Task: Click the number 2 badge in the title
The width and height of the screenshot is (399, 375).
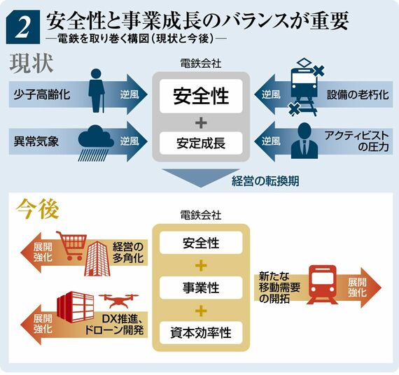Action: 23,27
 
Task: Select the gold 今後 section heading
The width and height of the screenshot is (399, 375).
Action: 37,209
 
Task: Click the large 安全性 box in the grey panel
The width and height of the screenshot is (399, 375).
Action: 201,96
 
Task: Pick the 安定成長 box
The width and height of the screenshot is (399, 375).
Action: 201,143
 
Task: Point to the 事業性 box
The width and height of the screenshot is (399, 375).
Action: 201,288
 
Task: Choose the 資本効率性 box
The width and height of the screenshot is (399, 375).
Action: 201,333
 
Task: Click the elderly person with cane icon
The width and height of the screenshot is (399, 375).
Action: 97,90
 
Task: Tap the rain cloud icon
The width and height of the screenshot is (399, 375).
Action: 96,143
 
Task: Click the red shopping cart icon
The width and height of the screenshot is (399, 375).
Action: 72,246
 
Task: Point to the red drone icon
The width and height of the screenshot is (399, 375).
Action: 118,301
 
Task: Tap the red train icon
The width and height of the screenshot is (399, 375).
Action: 323,285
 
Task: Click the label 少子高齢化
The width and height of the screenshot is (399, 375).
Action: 42,94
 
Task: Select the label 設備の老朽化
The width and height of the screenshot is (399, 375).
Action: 358,94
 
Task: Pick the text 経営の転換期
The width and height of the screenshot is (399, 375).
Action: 265,181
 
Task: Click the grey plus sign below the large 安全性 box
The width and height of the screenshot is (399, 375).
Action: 201,123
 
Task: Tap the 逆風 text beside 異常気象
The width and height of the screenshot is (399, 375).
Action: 129,141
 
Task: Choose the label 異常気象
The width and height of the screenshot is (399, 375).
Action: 36,141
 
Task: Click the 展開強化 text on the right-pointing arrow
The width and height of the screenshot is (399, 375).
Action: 357,288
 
